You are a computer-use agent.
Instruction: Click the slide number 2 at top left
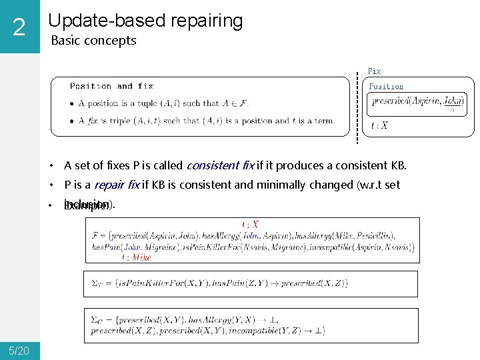point(19,27)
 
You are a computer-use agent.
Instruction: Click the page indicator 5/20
point(19,351)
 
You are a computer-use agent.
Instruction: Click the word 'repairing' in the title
point(207,21)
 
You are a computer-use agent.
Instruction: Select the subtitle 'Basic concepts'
point(93,40)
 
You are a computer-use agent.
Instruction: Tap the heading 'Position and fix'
point(111,86)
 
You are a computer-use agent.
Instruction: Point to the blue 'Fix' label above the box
point(375,71)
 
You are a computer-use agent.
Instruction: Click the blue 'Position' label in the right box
point(386,86)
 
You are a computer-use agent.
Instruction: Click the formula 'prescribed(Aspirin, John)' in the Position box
point(417,101)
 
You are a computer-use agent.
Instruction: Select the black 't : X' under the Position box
point(379,125)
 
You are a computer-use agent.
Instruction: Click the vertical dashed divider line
point(358,107)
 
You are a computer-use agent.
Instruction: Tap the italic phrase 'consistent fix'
point(220,165)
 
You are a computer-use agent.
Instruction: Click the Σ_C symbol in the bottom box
point(97,319)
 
